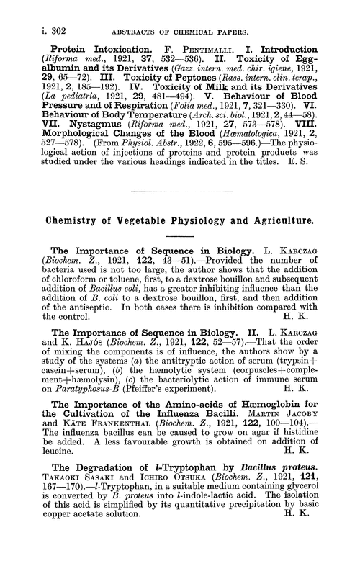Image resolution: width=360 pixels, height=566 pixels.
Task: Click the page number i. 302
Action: [32, 11]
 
